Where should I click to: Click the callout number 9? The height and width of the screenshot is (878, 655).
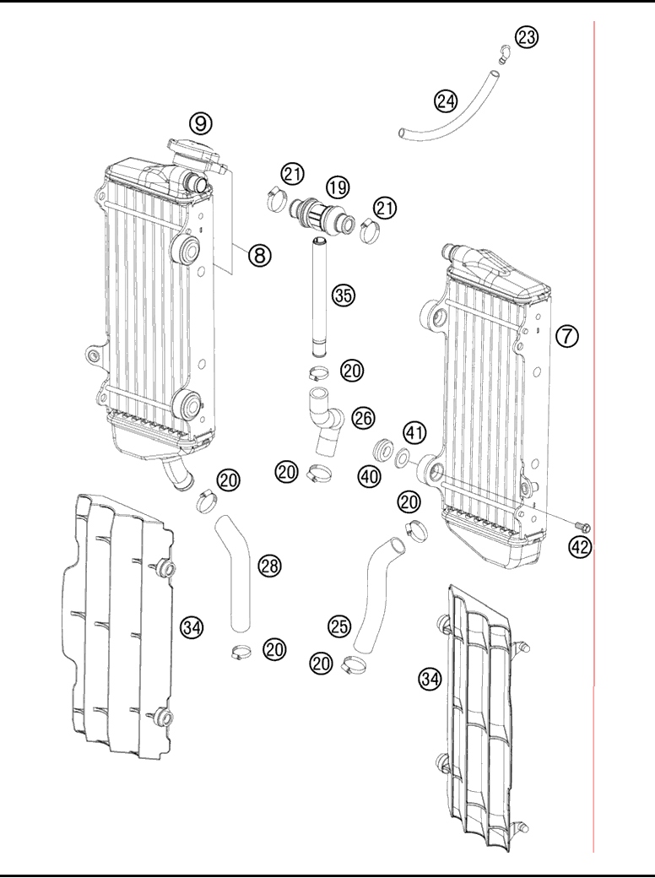coord(200,123)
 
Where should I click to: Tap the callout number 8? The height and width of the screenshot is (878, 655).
coord(259,253)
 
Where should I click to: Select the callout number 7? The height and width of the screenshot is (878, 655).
coord(566,335)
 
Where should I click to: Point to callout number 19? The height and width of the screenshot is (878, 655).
coord(338,187)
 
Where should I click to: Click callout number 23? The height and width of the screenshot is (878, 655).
coord(527,37)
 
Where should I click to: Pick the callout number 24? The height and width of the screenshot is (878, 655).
coord(445,100)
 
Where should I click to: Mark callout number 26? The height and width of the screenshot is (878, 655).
coord(362,416)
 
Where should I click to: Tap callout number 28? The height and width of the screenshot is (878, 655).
coord(269,566)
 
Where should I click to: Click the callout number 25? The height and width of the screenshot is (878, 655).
coord(339,626)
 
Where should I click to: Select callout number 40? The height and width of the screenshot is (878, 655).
coord(371,476)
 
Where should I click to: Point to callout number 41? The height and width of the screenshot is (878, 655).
coord(413,434)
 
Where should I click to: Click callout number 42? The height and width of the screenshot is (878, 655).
coord(580,546)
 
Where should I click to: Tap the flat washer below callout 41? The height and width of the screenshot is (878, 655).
coord(403,458)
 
